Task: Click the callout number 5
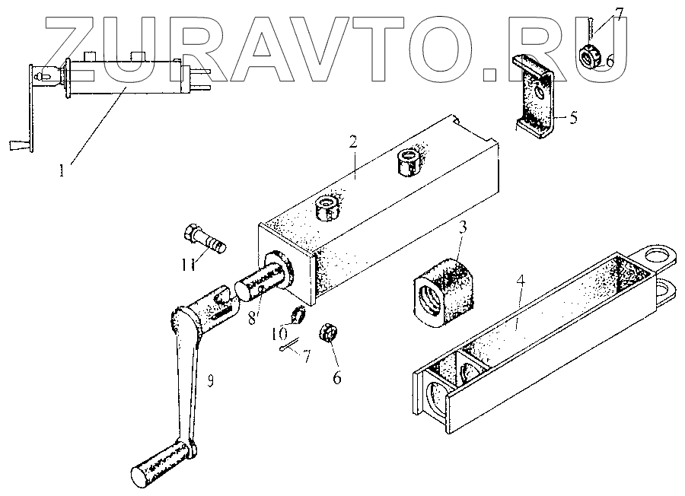573,117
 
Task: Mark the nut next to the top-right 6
591,55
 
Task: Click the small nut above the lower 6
327,332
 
